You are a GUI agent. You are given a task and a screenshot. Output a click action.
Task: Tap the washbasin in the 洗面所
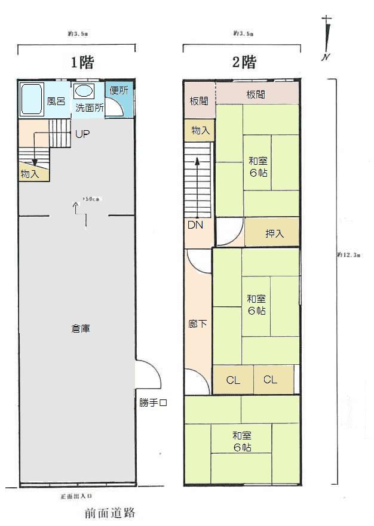84,92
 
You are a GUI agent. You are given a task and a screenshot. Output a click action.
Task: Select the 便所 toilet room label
118,91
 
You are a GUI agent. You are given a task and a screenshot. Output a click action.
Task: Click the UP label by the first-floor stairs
82,134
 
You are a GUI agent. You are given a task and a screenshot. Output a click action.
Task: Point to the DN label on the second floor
195,225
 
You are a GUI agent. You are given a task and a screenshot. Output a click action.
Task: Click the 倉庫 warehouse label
81,328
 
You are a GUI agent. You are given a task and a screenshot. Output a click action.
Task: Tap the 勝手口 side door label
153,403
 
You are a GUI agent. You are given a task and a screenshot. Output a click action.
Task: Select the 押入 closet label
274,233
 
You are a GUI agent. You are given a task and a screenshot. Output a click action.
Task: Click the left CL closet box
233,380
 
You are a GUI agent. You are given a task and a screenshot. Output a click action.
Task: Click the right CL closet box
271,380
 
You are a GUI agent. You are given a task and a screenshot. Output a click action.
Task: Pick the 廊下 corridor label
198,324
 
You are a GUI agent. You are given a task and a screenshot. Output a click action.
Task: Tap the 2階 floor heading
244,61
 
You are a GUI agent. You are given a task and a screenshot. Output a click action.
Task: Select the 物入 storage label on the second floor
200,130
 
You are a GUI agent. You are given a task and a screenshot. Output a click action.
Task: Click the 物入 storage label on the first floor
30,174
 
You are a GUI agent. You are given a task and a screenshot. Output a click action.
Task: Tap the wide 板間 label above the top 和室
255,94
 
